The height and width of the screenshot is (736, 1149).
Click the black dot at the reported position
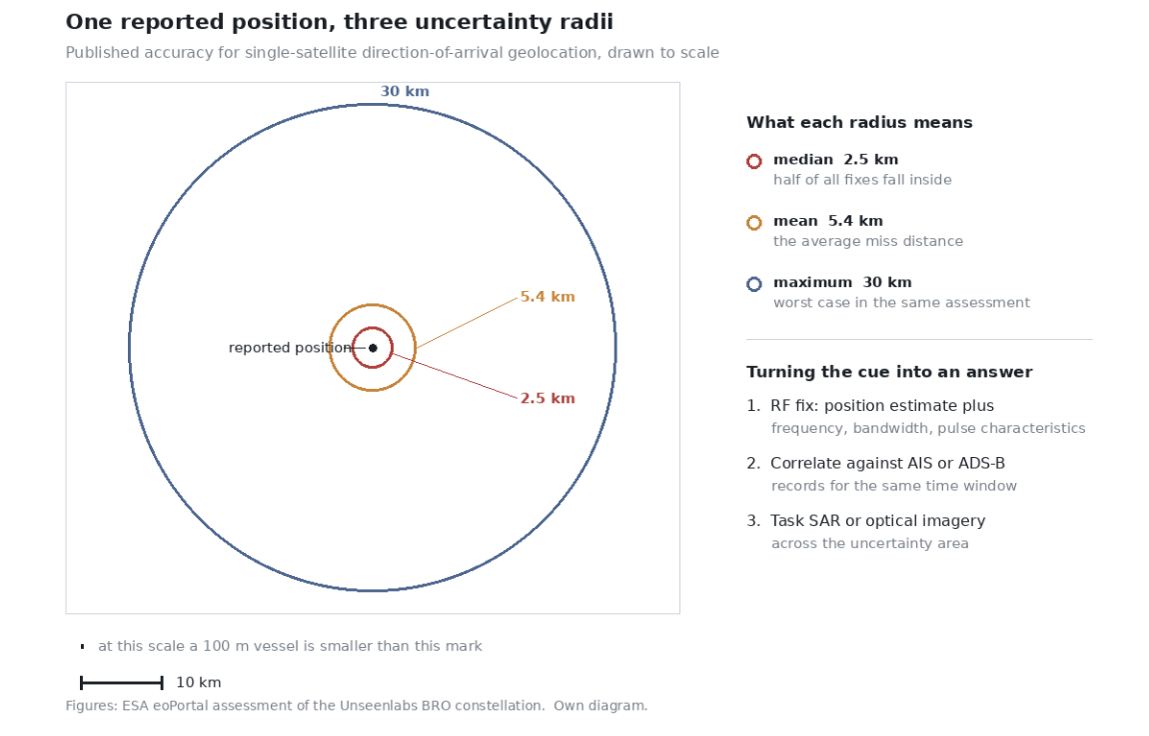373,348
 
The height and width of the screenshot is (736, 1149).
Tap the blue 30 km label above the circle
405,92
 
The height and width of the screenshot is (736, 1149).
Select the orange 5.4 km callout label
548,297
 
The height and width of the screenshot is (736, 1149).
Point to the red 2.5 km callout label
548,399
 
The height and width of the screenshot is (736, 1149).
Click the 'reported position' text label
290,348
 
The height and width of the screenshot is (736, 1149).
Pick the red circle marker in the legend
754,161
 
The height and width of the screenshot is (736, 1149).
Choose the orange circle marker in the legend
754,223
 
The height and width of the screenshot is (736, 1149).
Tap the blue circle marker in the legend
754,284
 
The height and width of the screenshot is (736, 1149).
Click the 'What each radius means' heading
859,122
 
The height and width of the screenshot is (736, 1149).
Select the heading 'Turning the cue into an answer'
889,372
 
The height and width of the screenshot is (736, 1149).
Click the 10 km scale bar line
122,683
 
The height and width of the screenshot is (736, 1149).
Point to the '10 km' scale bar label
199,682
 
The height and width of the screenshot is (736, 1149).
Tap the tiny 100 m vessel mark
82,647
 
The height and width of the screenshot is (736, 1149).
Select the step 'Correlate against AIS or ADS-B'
887,463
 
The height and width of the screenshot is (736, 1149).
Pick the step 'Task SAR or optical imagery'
878,521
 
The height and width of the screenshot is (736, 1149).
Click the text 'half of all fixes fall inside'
862,180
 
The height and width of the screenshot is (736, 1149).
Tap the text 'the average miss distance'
868,242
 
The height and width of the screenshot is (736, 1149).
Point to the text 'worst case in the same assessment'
902,303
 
